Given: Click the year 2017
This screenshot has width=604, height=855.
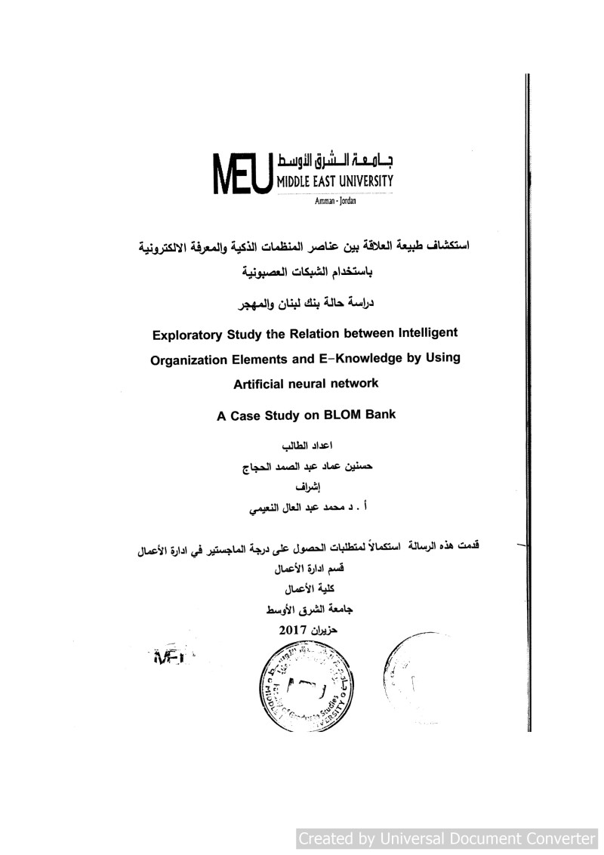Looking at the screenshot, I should pyautogui.click(x=293, y=629).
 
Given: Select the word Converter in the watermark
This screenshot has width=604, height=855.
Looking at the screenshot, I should pyautogui.click(x=558, y=838).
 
